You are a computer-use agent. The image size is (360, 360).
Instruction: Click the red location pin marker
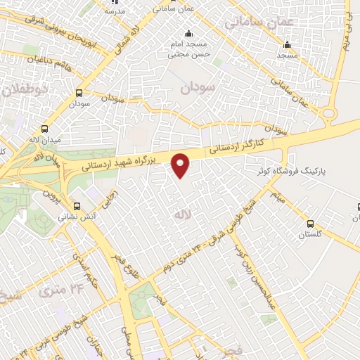point(182,165)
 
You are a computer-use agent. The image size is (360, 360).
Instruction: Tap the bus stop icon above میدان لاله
point(45,129)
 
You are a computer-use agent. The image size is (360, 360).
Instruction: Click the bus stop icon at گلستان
point(310,224)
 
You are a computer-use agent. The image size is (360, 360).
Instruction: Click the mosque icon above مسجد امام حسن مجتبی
point(188,34)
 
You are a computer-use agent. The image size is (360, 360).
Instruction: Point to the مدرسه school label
point(114,11)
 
